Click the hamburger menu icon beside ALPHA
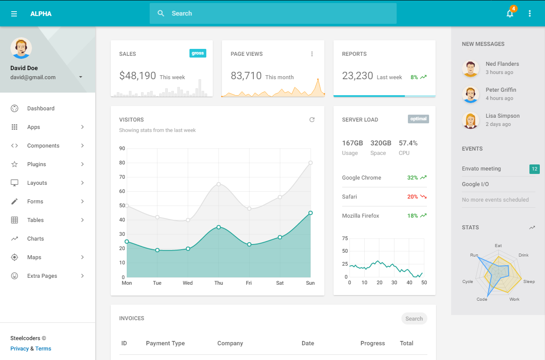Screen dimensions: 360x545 [x=14, y=14]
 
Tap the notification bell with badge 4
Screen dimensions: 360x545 [x=510, y=14]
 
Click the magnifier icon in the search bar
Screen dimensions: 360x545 [x=161, y=13]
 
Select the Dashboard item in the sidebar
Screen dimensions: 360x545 [x=41, y=109]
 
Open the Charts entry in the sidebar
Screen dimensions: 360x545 [x=35, y=239]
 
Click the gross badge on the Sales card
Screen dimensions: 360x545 [x=198, y=53]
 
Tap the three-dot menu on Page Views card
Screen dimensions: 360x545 [x=312, y=54]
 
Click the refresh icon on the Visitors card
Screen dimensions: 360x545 [x=312, y=120]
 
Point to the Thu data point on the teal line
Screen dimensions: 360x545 [x=218, y=227]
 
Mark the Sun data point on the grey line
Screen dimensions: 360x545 [x=311, y=163]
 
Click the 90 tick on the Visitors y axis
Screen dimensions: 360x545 [x=122, y=148]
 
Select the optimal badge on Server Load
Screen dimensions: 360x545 [x=418, y=119]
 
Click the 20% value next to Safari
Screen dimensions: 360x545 [x=412, y=197]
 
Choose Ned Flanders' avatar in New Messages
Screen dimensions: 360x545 [x=471, y=68]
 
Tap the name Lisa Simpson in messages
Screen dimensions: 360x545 [x=502, y=116]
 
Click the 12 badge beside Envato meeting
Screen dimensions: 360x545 [x=535, y=169]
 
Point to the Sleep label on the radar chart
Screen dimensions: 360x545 [x=529, y=282]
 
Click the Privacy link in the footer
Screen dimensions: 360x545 [x=19, y=349]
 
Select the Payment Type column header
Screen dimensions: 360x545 [x=165, y=344]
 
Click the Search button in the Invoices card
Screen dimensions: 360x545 [x=414, y=319]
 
